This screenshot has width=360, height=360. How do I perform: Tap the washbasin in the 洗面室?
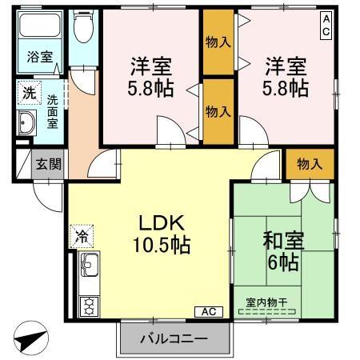pos(27,124)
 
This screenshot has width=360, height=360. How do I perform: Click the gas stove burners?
pos(87,304)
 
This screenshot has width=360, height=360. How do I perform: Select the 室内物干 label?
pos(268,302)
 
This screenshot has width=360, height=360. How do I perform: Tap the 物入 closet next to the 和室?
pos(309,164)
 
